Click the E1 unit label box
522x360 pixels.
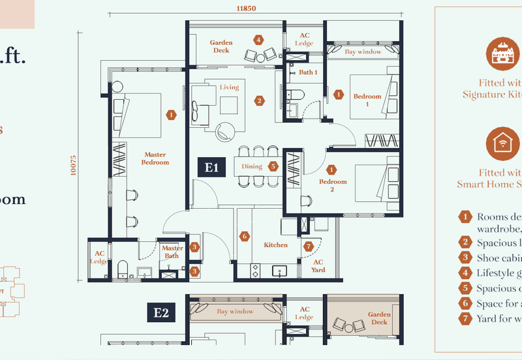[x=211, y=168]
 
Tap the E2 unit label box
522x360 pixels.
[x=161, y=313]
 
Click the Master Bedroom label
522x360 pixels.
[x=156, y=158]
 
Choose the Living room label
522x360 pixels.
[x=229, y=87]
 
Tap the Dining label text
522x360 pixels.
[x=252, y=166]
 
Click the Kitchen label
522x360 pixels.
[x=275, y=245]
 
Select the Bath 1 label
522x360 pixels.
[x=308, y=72]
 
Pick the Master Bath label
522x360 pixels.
[x=172, y=252]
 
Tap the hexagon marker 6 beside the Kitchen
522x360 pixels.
[x=245, y=237]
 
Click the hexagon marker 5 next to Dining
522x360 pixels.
[x=273, y=166]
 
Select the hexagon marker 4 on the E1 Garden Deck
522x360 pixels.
[x=259, y=40]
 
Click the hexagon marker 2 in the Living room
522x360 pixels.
[x=260, y=101]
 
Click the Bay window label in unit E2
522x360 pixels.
[x=235, y=312]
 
